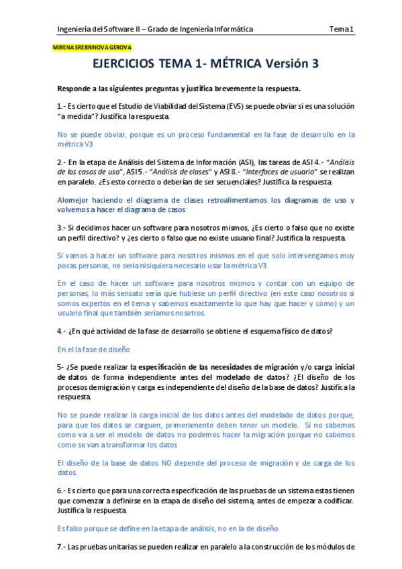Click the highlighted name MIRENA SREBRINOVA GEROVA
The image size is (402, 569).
click(x=91, y=48)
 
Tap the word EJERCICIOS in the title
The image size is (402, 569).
click(x=125, y=64)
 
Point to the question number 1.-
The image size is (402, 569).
click(x=62, y=106)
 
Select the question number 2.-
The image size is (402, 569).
click(x=62, y=162)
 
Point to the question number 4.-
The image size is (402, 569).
click(x=62, y=331)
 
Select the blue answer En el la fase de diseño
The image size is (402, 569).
click(x=93, y=350)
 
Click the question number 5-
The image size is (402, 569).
click(x=60, y=368)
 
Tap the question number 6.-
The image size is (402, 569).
click(x=62, y=491)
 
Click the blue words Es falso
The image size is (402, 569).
click(x=70, y=528)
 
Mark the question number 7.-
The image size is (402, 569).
click(x=62, y=547)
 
